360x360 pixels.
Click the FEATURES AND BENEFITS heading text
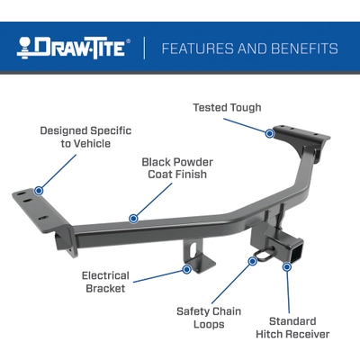[249, 48]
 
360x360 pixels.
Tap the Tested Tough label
[227, 108]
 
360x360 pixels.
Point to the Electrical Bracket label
[105, 282]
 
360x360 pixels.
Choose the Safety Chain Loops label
[208, 317]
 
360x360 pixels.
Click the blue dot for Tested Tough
[269, 133]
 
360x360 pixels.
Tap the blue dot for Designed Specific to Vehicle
[39, 191]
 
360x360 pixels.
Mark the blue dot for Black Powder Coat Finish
[133, 218]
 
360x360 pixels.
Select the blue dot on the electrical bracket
[187, 268]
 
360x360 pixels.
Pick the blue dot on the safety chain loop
[253, 261]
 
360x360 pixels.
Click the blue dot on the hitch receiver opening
[287, 265]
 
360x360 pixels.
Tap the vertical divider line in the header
[144, 48]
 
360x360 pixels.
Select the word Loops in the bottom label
[208, 325]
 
